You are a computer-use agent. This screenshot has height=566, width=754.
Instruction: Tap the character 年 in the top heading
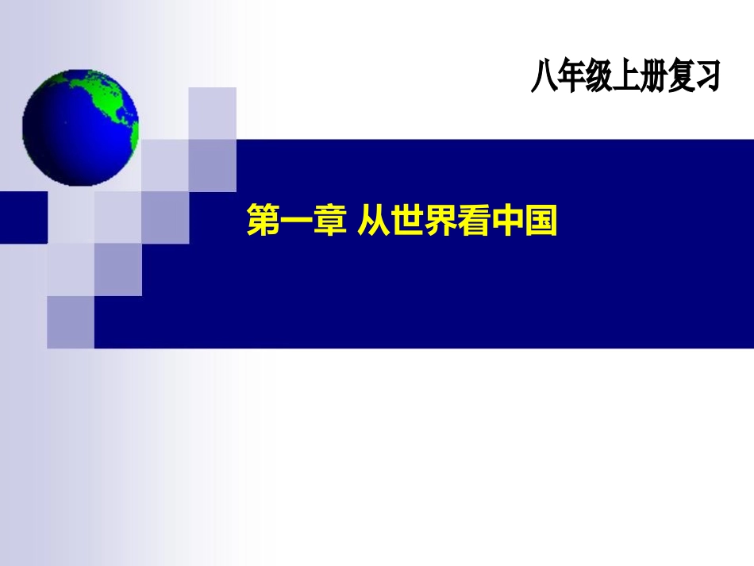pos(571,77)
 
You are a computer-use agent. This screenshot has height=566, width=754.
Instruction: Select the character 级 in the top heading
pos(598,77)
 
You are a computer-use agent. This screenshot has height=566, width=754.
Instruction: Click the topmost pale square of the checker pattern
pos(212,112)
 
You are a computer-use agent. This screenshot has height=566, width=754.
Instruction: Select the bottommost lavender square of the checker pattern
pos(71,322)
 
